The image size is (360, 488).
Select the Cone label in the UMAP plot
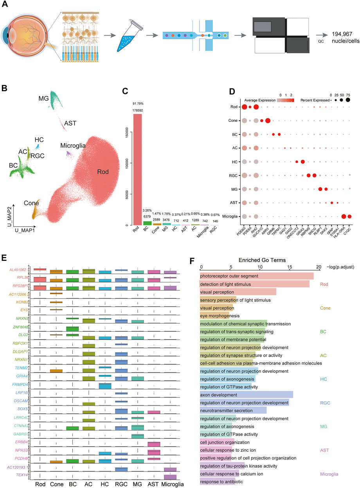point(31,203)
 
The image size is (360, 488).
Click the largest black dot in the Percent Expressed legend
point(347,100)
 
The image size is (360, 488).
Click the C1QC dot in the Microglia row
point(350,216)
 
